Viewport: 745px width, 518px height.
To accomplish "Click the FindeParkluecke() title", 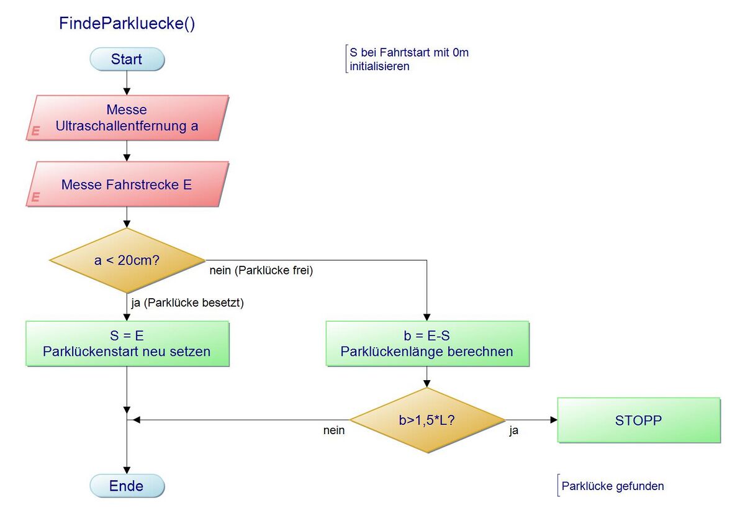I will [127, 24].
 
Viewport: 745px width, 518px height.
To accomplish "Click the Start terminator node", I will [127, 60].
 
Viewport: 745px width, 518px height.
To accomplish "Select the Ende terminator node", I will [127, 486].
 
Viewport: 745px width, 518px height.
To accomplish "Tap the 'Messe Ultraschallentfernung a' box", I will [127, 118].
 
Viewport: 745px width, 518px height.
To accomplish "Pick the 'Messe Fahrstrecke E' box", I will [127, 184].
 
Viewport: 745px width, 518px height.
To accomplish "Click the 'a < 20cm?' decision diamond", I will [127, 260].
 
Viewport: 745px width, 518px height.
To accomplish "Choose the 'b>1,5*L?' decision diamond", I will [427, 420].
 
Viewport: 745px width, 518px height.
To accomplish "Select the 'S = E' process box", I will [127, 343].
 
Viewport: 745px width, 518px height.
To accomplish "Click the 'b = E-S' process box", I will [427, 343].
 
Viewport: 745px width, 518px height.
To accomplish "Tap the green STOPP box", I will [639, 420].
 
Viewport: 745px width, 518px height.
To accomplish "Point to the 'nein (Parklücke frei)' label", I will [265, 271].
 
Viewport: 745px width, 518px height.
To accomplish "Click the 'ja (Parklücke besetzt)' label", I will [187, 304].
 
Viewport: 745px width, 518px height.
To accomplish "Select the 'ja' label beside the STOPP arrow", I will [514, 430].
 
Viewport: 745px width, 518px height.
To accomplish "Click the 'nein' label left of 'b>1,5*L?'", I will [334, 430].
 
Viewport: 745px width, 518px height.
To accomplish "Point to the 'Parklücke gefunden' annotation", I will [612, 486].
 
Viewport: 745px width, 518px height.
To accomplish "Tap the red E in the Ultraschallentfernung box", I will [36, 131].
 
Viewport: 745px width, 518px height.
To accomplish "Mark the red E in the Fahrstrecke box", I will [36, 197].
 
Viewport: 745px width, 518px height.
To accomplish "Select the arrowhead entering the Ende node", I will [127, 471].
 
